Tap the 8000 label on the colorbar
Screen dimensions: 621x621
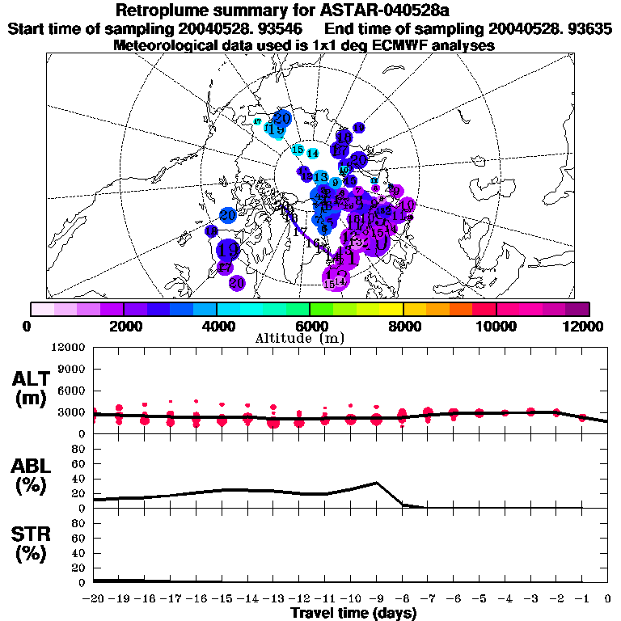pos(403,326)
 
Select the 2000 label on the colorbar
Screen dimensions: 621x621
pos(122,326)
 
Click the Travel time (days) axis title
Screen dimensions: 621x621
pos(353,613)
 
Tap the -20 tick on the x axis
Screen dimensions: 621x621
pos(95,599)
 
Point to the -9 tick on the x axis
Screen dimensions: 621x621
pos(375,599)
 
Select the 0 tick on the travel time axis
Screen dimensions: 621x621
pos(607,599)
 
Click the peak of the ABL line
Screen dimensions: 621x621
pos(376,483)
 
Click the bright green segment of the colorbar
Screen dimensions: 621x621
pos(321,309)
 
